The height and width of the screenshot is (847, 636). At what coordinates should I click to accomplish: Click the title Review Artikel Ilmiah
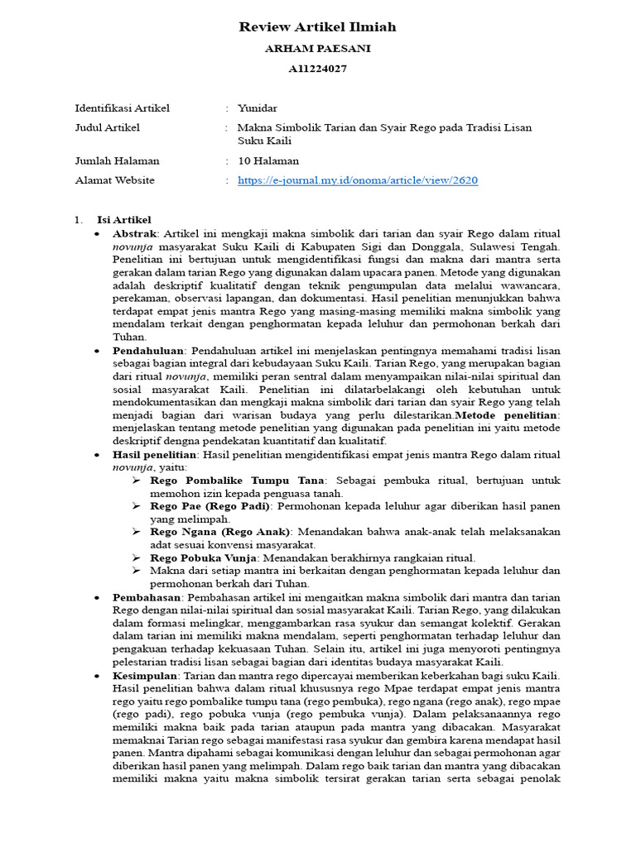[317, 27]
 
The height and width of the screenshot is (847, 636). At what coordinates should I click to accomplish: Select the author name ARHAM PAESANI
[317, 49]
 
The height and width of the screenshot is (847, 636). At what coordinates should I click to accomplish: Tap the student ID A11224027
[317, 69]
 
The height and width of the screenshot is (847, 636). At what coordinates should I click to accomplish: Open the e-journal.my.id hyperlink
[357, 180]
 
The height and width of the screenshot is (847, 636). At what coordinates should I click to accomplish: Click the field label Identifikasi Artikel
[122, 108]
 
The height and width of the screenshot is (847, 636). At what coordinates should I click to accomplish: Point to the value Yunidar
[258, 108]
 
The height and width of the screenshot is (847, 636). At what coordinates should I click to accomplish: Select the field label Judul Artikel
[107, 127]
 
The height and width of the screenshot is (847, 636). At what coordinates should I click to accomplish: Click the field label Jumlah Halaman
[117, 160]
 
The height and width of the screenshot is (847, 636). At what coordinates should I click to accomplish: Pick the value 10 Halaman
[268, 160]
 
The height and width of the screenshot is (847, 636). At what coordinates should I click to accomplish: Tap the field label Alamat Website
[114, 180]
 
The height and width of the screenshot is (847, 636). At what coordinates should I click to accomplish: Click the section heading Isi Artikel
[123, 220]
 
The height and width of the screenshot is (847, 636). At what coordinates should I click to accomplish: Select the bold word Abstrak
[134, 234]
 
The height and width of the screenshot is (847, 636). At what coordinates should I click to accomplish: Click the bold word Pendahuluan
[147, 351]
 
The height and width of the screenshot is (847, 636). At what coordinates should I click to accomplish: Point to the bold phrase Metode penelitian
[507, 414]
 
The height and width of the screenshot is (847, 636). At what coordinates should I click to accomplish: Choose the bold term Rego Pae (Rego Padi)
[210, 505]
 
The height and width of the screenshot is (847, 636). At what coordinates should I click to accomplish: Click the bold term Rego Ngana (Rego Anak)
[219, 531]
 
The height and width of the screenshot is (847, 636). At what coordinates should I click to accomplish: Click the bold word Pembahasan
[147, 596]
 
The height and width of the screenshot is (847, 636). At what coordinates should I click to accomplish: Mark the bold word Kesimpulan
[145, 676]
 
